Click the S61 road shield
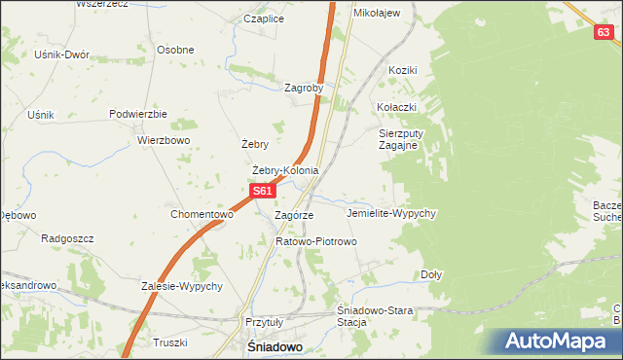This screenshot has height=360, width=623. pyautogui.click(x=262, y=192)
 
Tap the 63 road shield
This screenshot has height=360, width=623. pyautogui.click(x=605, y=33)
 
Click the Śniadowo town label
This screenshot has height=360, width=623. pyautogui.click(x=273, y=346)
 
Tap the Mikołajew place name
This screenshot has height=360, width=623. pyautogui.click(x=377, y=14)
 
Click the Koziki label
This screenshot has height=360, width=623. pyautogui.click(x=402, y=71)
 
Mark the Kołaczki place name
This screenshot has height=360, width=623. pyautogui.click(x=397, y=106)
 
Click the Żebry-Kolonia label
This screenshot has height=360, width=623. pyautogui.click(x=285, y=170)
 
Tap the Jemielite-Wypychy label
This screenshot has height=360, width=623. pyautogui.click(x=390, y=212)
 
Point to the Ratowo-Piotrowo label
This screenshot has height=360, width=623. pyautogui.click(x=316, y=240)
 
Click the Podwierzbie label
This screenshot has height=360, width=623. pyautogui.click(x=138, y=114)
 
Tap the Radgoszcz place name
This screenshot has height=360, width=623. pyautogui.click(x=66, y=237)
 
